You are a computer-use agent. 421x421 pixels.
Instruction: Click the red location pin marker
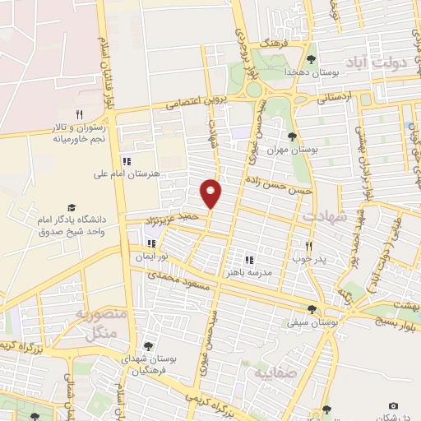click(x=211, y=193)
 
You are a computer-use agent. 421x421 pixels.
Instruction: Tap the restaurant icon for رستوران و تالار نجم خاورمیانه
click(x=80, y=114)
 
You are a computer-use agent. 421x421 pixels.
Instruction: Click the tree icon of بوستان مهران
click(x=293, y=136)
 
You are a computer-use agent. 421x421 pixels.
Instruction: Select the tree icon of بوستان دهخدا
click(x=311, y=59)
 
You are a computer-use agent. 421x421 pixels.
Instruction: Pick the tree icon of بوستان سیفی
click(x=312, y=309)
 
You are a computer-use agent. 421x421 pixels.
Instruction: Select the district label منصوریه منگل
click(x=99, y=322)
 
